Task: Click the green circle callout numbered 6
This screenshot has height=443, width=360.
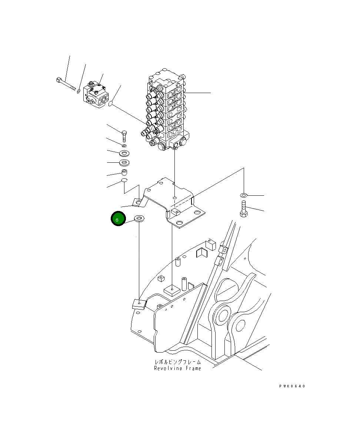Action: coord(118,219)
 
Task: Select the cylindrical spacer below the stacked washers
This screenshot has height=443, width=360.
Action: coord(125,173)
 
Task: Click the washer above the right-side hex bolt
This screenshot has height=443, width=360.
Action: coord(244,195)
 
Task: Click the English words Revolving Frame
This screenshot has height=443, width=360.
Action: coord(178,368)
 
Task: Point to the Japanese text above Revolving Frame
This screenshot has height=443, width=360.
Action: coord(178,362)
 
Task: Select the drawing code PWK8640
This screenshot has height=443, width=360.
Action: coord(292,386)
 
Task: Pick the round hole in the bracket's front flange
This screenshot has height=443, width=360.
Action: coord(179,223)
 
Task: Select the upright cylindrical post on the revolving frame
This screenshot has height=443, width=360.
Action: coord(184,283)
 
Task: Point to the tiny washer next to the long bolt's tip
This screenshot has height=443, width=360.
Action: coord(79,89)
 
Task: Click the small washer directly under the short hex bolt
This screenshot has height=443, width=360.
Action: coord(124,145)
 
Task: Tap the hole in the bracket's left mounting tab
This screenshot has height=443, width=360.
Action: coord(138,202)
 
